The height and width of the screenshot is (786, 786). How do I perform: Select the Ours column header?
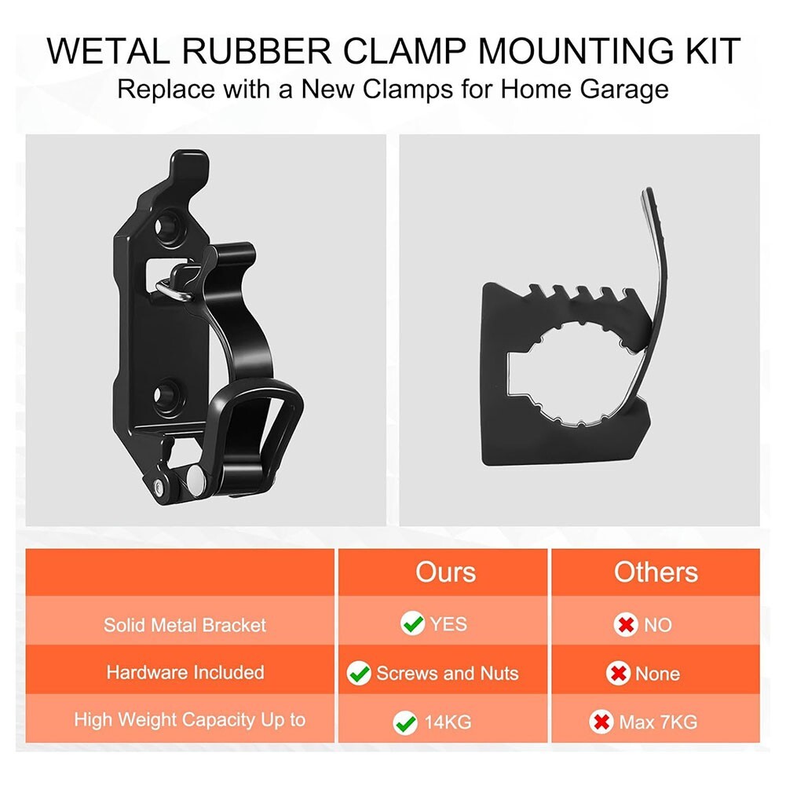tap(445, 572)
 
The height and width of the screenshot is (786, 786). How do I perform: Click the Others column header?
tap(656, 572)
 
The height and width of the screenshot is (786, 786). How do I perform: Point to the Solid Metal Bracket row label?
tap(185, 625)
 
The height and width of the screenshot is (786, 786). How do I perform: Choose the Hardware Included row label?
tap(185, 673)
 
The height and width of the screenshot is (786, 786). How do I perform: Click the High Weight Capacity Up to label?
tap(189, 719)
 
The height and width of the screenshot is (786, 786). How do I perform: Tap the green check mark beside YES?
tap(412, 624)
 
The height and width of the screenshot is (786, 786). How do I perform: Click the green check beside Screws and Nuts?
tap(359, 673)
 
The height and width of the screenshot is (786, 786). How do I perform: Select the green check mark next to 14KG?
tap(406, 722)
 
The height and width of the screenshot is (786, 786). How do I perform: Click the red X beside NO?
tap(625, 625)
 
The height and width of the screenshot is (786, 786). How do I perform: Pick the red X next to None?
tap(619, 674)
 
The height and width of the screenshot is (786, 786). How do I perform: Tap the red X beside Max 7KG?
tap(602, 722)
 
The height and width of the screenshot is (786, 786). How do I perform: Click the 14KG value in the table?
tap(448, 722)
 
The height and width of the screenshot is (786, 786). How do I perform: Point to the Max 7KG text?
tap(659, 722)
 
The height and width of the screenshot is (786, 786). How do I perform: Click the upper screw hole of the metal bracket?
tap(167, 228)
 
